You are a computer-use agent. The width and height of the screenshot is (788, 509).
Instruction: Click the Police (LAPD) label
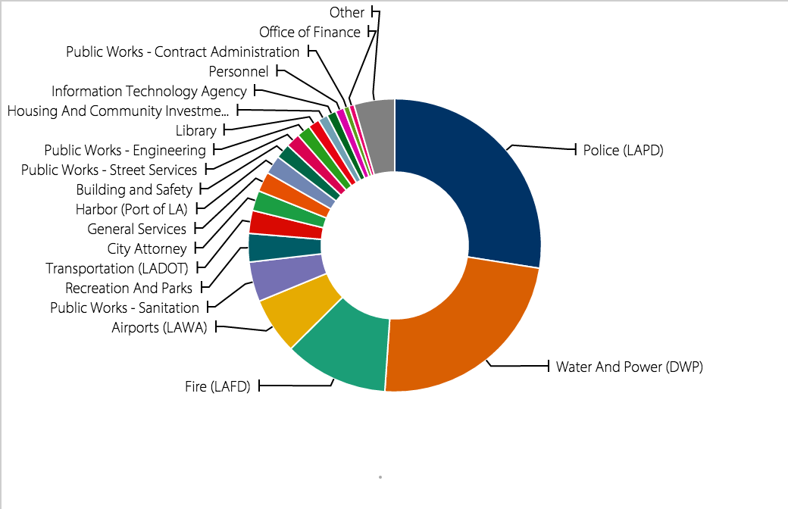click(623, 150)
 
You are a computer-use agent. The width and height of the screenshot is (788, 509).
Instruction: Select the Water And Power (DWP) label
click(630, 367)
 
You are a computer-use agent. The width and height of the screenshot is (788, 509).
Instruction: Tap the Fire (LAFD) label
click(217, 387)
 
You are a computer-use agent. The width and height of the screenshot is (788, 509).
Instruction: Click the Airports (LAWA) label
click(159, 328)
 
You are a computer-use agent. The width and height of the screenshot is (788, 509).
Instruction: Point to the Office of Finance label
click(310, 32)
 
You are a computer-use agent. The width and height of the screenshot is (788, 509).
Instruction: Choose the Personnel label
click(239, 71)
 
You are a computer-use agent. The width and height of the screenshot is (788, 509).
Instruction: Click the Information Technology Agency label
click(149, 91)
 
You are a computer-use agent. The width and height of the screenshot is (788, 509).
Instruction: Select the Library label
click(196, 131)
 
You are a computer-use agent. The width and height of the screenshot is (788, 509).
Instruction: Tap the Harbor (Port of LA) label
click(131, 209)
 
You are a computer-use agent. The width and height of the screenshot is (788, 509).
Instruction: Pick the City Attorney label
click(147, 248)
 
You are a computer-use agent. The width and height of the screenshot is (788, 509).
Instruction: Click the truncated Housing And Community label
click(117, 111)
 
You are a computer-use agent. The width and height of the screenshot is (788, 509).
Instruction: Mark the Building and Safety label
click(134, 189)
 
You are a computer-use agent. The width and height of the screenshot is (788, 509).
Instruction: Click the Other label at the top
click(347, 12)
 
